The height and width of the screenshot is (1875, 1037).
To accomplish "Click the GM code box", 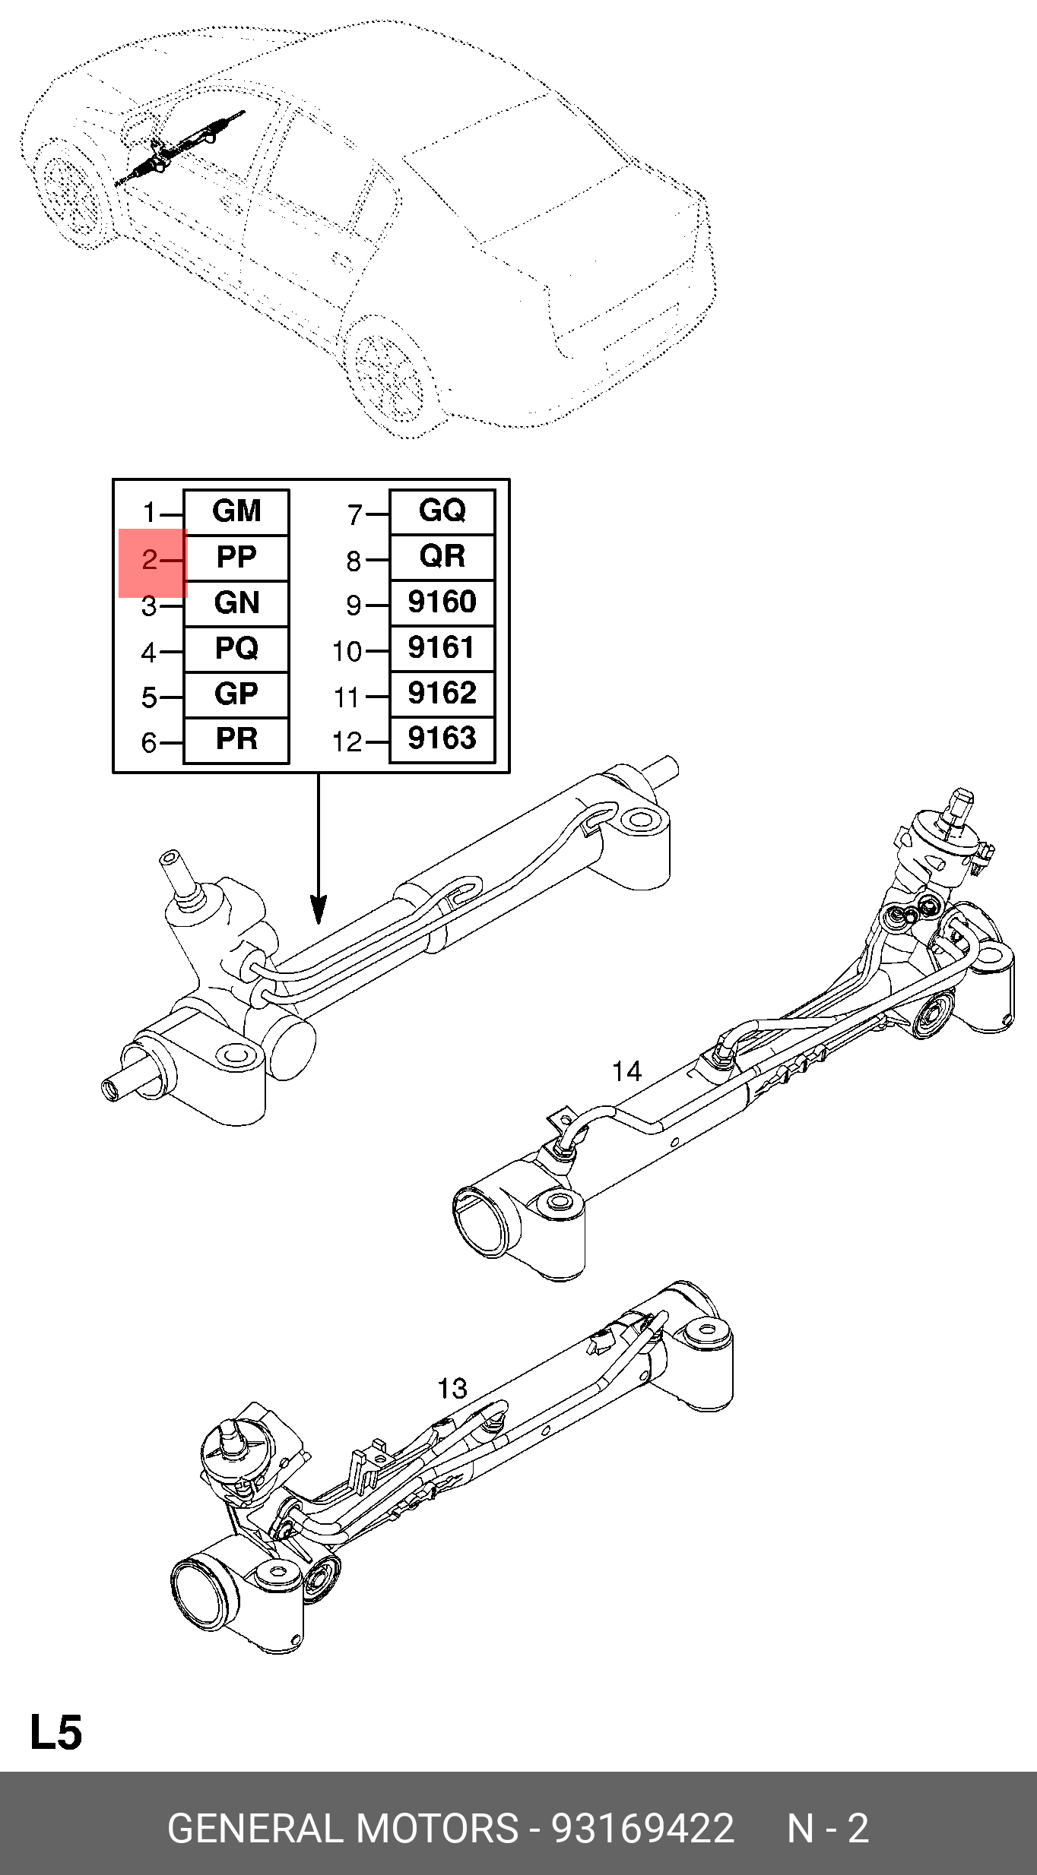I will point(236,512).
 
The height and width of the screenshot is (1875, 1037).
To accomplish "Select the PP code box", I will point(236,558).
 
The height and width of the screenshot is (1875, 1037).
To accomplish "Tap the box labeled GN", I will point(236,603).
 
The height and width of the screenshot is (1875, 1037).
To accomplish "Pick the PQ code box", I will point(236,649).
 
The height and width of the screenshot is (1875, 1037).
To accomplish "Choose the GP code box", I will point(236,694).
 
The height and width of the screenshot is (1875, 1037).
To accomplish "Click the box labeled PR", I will point(236,739).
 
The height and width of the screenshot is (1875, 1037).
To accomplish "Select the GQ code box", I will point(442,511).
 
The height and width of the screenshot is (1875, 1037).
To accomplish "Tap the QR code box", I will point(442,557).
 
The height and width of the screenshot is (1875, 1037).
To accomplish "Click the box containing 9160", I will point(442,602).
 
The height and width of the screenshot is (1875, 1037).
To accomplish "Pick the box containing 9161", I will point(442,648).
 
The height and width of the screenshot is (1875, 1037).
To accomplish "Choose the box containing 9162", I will point(442,694).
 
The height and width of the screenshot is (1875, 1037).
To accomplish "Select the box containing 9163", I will point(442,738).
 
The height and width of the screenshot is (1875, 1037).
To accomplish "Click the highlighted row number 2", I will point(150,561).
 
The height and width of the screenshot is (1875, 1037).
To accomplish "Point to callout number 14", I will point(626,1072).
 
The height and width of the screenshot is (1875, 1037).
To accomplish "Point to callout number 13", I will point(452,1389).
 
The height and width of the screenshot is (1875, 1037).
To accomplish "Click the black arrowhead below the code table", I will point(319,909).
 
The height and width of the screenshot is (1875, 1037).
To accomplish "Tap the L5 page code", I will point(55,1733).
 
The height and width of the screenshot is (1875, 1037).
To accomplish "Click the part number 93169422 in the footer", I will point(642,1829).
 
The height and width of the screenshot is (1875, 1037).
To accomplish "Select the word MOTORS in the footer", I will point(437,1829).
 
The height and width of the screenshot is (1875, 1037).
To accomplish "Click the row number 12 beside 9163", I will point(347,742).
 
